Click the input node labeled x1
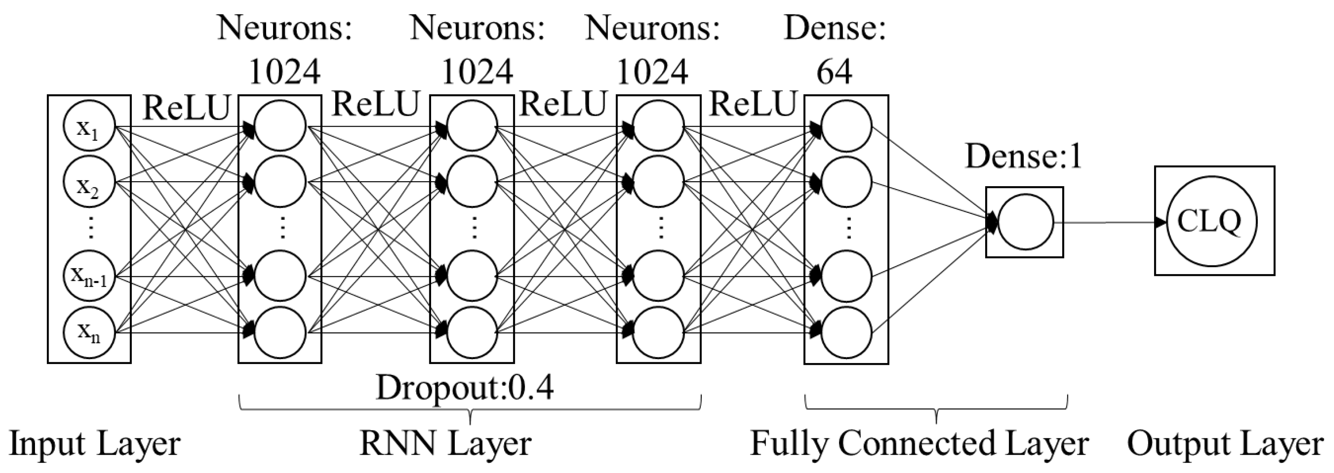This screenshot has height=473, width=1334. (x=89, y=126)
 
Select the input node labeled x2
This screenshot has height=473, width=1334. (x=89, y=182)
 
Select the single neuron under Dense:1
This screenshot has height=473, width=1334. (x=1025, y=222)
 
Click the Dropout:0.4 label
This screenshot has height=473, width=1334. (x=464, y=388)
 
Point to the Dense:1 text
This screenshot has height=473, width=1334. (x=1024, y=156)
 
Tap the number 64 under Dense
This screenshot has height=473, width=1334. (x=834, y=71)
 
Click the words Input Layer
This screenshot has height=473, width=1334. (x=95, y=445)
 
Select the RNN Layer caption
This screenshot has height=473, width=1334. (x=446, y=445)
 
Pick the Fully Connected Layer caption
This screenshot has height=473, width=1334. (x=919, y=445)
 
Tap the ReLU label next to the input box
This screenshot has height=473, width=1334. (x=186, y=108)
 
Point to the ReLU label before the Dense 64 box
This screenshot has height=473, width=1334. (x=752, y=104)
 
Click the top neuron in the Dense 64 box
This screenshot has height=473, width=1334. (x=846, y=126)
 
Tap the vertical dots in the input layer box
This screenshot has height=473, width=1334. (x=91, y=228)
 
